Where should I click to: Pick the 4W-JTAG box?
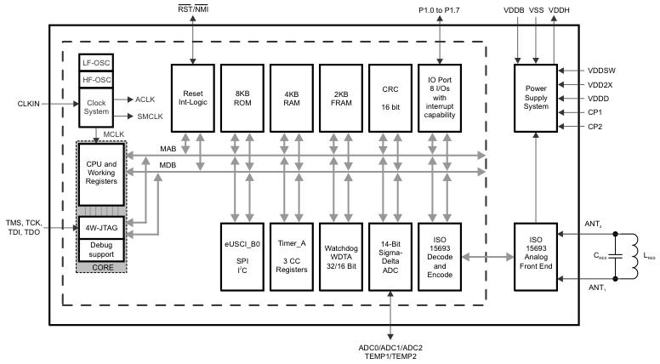point(102,227)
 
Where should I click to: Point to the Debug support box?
point(102,249)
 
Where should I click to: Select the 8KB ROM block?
point(243,97)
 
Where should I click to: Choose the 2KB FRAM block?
point(343,97)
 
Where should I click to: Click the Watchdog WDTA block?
point(343,256)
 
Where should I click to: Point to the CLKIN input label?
point(30,104)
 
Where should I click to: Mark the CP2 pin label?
point(595,126)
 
